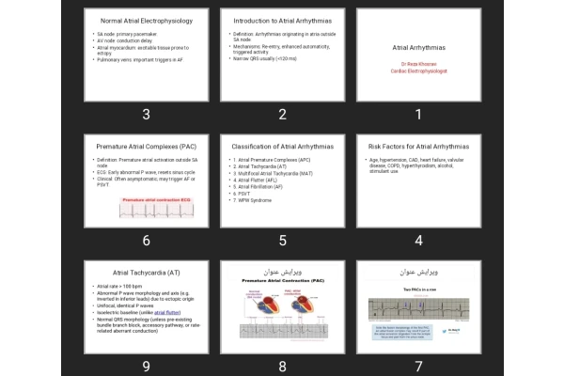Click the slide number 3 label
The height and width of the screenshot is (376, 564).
(x=146, y=115)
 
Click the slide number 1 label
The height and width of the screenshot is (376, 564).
(x=418, y=115)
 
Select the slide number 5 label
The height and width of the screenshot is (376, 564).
(x=282, y=241)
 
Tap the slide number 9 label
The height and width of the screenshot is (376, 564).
(x=146, y=367)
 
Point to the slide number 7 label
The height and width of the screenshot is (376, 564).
(x=418, y=367)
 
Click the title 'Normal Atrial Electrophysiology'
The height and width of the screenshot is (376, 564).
(x=146, y=20)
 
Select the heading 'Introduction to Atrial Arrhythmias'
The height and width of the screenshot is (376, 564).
(x=282, y=20)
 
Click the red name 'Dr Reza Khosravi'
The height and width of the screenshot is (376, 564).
(x=418, y=63)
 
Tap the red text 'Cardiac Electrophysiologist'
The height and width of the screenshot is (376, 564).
(x=418, y=70)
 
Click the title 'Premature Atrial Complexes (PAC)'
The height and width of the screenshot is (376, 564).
(x=146, y=147)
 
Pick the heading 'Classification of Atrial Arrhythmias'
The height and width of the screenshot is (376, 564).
(x=282, y=147)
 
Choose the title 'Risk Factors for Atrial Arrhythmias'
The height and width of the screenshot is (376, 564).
(x=418, y=147)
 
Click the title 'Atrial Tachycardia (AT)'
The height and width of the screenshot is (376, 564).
(x=146, y=272)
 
